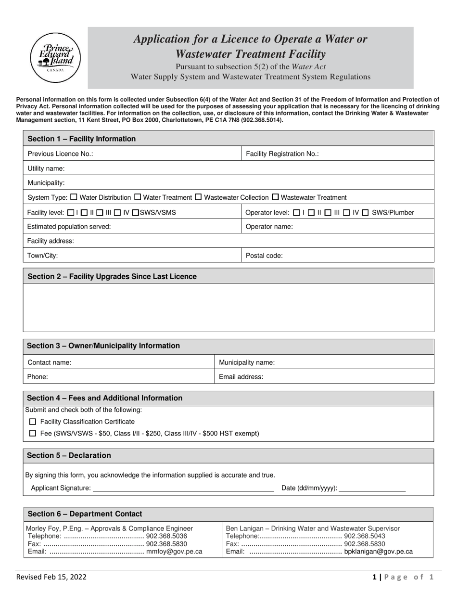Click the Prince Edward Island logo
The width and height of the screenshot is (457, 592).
[x=55, y=58]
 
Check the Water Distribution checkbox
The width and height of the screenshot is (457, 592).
[x=74, y=197]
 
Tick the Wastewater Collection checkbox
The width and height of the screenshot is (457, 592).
[x=198, y=197]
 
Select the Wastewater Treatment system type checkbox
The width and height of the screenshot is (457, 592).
[x=275, y=197]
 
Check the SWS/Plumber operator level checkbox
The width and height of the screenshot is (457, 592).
[x=365, y=212]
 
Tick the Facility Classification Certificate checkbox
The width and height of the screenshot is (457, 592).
[x=33, y=422]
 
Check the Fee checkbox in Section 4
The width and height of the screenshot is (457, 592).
[x=33, y=433]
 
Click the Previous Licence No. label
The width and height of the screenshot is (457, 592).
[x=60, y=154]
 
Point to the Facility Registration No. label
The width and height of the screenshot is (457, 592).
[x=282, y=154]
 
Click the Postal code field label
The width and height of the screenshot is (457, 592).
[x=264, y=256]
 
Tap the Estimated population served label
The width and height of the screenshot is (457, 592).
[x=69, y=227]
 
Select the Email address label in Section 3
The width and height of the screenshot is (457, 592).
[x=241, y=377]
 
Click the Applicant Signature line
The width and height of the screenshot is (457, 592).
[x=183, y=488]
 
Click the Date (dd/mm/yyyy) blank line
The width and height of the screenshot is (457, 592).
[x=372, y=488]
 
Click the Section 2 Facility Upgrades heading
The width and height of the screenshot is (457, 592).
[x=112, y=276]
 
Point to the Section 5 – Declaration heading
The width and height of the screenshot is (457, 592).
[x=69, y=455]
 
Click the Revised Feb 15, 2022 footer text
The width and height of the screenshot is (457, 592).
[x=51, y=577]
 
